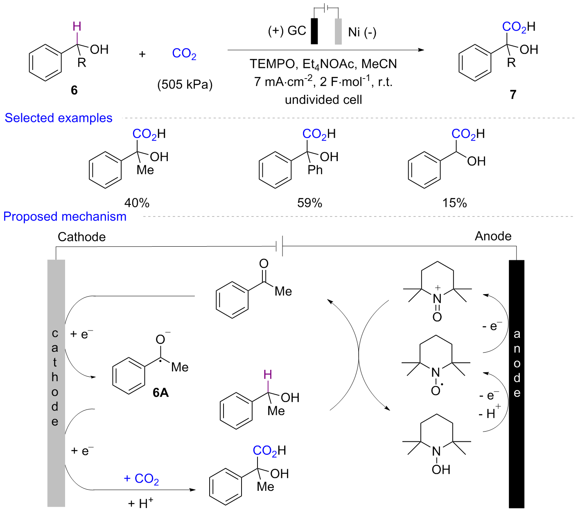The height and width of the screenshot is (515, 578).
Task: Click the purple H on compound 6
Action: (x=77, y=27)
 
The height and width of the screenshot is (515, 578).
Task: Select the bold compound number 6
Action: (x=74, y=90)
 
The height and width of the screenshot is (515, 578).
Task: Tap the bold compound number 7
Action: (x=513, y=95)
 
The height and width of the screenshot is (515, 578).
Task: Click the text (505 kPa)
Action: (x=185, y=85)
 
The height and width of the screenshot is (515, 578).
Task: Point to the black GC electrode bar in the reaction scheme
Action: (x=314, y=31)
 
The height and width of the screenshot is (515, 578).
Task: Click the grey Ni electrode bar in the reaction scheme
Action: (x=338, y=31)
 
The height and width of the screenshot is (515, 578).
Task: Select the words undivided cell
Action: (x=323, y=100)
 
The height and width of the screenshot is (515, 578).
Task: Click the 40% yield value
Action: (x=137, y=203)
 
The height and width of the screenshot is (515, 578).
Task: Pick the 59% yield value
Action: (x=309, y=203)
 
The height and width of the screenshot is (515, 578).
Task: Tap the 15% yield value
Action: (x=454, y=203)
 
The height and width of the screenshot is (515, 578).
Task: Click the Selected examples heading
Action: (x=59, y=118)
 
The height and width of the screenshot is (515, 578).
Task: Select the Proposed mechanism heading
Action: (x=65, y=217)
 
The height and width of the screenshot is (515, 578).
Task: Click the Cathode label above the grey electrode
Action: (x=81, y=237)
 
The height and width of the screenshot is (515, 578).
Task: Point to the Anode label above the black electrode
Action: (x=493, y=236)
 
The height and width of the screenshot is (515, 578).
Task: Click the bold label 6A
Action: (x=160, y=393)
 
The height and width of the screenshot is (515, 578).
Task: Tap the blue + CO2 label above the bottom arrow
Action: (x=141, y=479)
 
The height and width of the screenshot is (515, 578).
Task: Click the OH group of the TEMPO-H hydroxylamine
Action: (x=441, y=470)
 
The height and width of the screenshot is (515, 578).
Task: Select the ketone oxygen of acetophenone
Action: (x=264, y=264)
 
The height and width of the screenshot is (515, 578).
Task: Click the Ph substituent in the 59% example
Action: (x=315, y=170)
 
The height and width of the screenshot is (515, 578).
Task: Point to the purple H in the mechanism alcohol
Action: (x=268, y=375)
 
